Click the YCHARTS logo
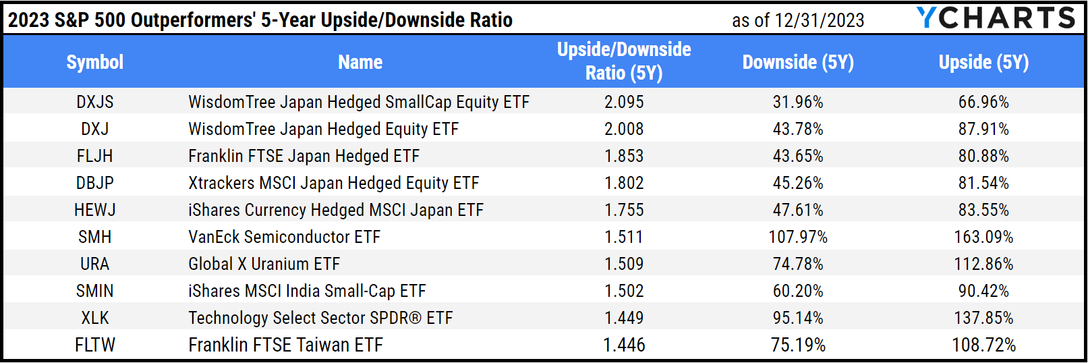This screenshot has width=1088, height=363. point(996,18)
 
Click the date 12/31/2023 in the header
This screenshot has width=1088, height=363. point(820,20)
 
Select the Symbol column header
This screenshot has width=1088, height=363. point(94,62)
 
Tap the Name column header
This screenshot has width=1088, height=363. point(360,62)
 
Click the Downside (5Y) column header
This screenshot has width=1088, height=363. point(798,62)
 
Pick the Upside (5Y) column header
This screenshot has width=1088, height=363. point(983,62)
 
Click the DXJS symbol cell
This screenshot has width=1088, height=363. point(94,102)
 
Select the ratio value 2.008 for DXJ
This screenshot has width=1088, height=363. point(624,129)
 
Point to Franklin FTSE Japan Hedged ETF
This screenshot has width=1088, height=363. point(304,156)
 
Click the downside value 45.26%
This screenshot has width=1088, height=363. point(798,183)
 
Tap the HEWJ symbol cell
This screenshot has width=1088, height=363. point(94,210)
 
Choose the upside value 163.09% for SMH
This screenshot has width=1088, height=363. point(983,237)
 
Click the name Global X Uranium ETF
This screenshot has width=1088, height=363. point(264,264)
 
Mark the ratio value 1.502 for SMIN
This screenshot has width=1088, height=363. point(624,291)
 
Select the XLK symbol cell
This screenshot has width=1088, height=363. point(94,318)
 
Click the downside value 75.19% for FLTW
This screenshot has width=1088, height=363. point(798,345)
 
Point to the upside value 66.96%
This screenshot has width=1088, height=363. point(983,102)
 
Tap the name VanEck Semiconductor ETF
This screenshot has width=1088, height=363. point(284,237)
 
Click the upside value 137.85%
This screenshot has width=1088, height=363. point(983,318)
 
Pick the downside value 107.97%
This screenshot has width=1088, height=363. point(798,237)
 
